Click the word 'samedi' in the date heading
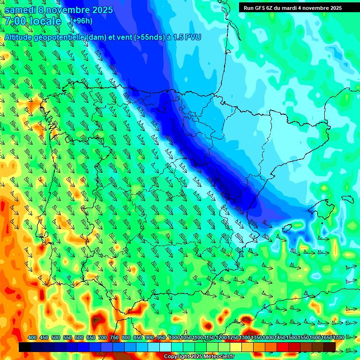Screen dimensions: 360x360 point(19,10)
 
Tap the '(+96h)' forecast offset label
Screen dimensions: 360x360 point(81,21)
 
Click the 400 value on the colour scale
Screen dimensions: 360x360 point(32,338)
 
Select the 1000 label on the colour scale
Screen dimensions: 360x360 point(174,338)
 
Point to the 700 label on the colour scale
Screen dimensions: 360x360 point(103,338)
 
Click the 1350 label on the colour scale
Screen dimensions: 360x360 point(256,338)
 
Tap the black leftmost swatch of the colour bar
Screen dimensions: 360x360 point(25,347)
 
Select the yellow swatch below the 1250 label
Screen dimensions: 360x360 point(233,347)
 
